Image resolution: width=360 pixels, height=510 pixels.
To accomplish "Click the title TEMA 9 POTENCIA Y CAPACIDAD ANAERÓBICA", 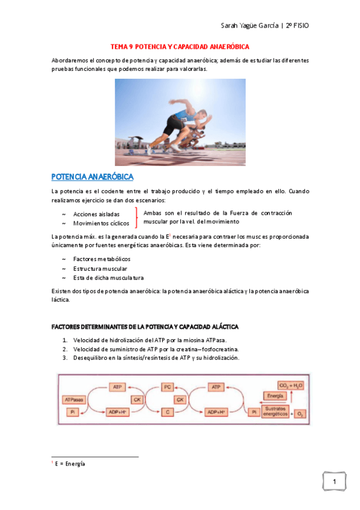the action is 180,46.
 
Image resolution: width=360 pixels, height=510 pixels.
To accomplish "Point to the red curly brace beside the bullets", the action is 138,218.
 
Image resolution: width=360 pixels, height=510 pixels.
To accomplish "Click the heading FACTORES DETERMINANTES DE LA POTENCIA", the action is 145,327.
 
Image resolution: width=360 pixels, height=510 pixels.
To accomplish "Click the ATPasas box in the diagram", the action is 75,399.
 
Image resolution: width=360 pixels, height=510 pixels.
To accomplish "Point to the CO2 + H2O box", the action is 291,384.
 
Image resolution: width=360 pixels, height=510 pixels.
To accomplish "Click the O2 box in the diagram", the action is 301,414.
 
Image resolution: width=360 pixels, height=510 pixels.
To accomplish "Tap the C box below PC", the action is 168,412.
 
